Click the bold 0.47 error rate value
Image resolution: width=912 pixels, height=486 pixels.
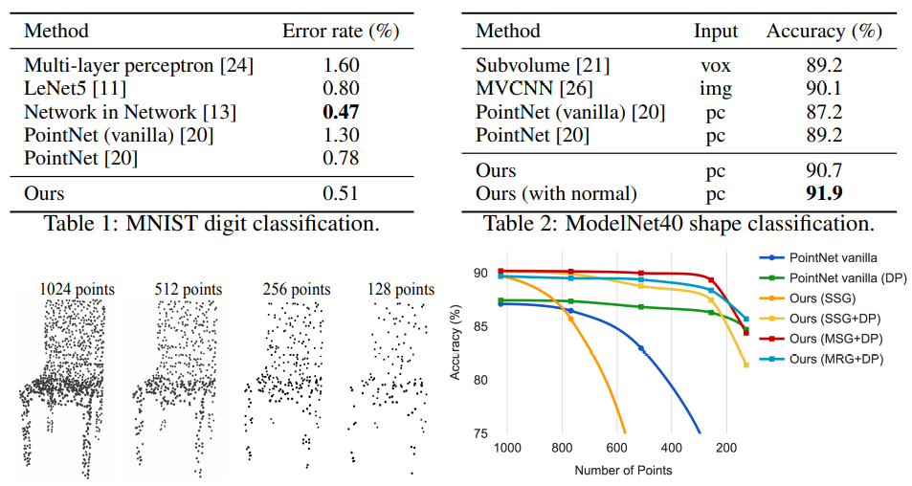click(x=340, y=113)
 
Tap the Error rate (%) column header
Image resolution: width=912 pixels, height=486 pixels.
click(x=340, y=31)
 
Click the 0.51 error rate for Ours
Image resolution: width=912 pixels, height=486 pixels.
click(x=340, y=193)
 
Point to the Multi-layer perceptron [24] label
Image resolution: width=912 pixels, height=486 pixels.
click(x=139, y=66)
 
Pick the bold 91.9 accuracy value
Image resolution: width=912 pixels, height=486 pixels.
click(x=824, y=193)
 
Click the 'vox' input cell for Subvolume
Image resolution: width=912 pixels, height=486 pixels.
click(x=716, y=66)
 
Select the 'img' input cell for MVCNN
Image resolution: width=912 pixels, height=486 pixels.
click(x=716, y=89)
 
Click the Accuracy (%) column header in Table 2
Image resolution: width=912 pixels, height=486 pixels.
click(x=824, y=31)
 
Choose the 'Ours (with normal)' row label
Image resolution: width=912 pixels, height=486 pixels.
click(x=556, y=193)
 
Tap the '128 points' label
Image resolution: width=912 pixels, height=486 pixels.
click(x=400, y=288)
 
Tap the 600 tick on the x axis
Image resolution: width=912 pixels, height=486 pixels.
click(x=617, y=448)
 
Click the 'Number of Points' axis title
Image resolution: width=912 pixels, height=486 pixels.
click(x=623, y=470)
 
